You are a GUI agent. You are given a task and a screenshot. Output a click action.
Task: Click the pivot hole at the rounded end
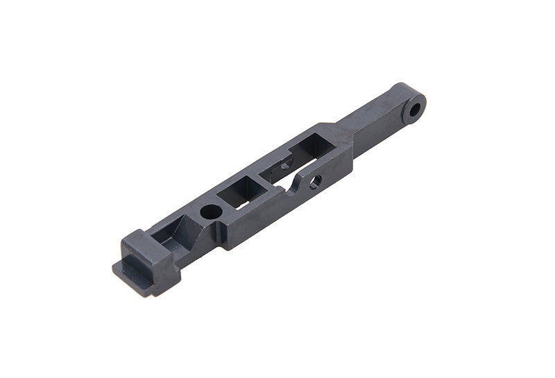416,110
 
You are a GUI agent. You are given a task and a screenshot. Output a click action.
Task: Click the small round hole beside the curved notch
316,182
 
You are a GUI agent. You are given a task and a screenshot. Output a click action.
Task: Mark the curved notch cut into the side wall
296,186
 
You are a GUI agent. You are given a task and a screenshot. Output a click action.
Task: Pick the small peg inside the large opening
285,167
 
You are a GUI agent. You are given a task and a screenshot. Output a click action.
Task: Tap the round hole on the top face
208,209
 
